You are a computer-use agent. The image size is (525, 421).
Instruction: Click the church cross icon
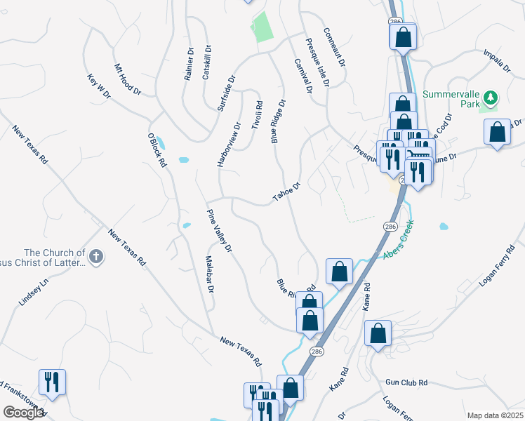97,258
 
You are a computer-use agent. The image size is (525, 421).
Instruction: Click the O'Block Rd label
157,149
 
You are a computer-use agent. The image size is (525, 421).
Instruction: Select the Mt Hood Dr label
128,80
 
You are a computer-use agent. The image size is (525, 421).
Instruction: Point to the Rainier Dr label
189,64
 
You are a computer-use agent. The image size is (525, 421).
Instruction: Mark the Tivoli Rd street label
260,114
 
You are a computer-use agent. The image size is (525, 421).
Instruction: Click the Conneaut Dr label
335,47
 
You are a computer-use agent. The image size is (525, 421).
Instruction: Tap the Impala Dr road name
497,60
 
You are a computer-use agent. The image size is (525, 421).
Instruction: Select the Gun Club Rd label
406,382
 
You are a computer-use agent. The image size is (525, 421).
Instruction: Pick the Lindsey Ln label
33,290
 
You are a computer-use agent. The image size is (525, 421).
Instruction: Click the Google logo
23,413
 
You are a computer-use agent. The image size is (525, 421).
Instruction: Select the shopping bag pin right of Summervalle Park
498,132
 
